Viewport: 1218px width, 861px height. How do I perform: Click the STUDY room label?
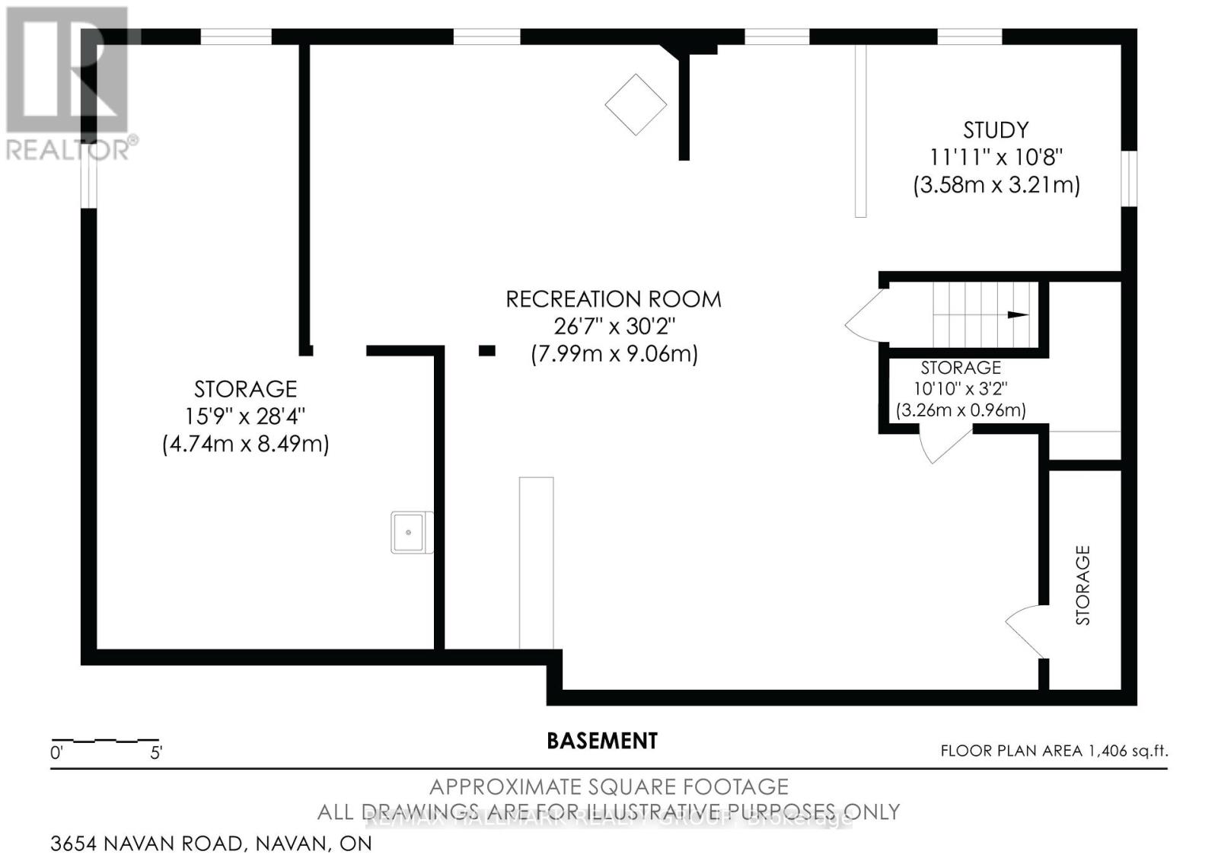point(996,130)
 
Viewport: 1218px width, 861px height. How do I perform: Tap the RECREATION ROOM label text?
point(614,299)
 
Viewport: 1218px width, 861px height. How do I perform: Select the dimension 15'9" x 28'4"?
point(245,416)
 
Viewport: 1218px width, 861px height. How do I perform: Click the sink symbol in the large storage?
point(411,531)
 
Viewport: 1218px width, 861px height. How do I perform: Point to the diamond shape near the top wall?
point(636,104)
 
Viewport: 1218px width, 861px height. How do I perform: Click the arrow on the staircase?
point(1016,314)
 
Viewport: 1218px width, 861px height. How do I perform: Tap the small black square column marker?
point(487,351)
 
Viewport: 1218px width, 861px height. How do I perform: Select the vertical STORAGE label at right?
point(1082,585)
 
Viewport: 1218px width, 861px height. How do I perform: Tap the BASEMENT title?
point(602,741)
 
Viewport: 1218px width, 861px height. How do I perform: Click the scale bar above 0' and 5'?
point(105,740)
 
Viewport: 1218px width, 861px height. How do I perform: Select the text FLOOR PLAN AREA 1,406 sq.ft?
point(1054,751)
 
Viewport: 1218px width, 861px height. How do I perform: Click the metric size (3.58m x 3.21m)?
point(996,185)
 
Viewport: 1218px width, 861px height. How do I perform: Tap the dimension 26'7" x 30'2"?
point(614,327)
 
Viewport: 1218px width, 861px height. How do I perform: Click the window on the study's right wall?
point(1130,177)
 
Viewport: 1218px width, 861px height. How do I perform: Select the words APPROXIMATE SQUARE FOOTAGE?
point(609,786)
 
